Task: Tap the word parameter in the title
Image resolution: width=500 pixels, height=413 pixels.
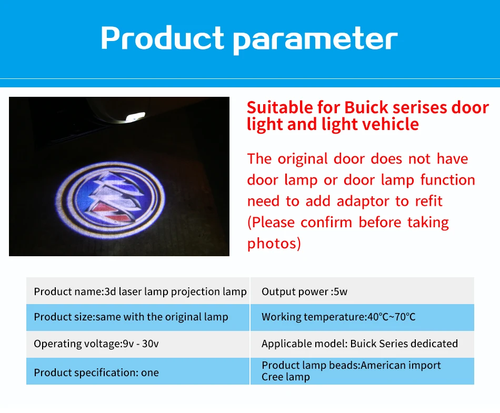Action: point(315,40)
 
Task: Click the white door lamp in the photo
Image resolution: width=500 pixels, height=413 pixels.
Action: point(135,117)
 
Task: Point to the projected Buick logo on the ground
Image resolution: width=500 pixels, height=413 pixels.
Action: point(111,200)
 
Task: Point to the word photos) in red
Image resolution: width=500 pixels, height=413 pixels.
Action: point(274,244)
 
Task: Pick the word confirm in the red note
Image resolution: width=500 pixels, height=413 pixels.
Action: point(326,223)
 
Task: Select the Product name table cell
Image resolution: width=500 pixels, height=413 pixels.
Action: point(138,290)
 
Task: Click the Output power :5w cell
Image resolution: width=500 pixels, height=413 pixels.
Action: point(362,290)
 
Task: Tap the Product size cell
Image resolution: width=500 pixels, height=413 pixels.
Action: point(138,317)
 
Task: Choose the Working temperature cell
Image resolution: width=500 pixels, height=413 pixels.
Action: point(362,317)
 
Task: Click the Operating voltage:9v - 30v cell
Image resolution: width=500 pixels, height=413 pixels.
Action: point(138,344)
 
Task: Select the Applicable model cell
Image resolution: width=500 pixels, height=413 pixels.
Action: point(362,344)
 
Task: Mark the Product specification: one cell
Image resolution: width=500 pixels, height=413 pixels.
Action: point(138,371)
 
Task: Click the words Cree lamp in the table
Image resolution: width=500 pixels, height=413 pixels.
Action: point(286,377)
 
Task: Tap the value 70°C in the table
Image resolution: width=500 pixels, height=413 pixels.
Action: point(405,317)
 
